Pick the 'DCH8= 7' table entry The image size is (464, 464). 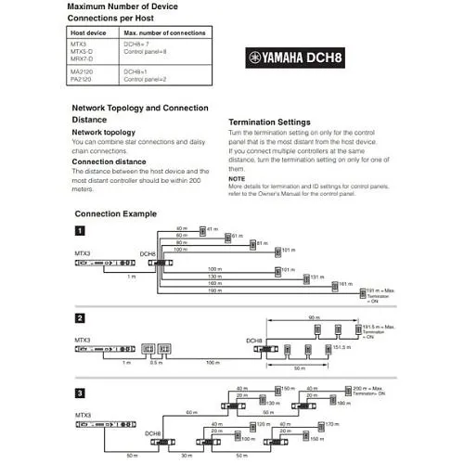point(136,44)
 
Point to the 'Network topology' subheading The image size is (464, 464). point(105,133)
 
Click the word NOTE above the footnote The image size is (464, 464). point(237,177)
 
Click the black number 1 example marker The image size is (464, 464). point(81,230)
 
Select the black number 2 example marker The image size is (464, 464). point(81,318)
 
